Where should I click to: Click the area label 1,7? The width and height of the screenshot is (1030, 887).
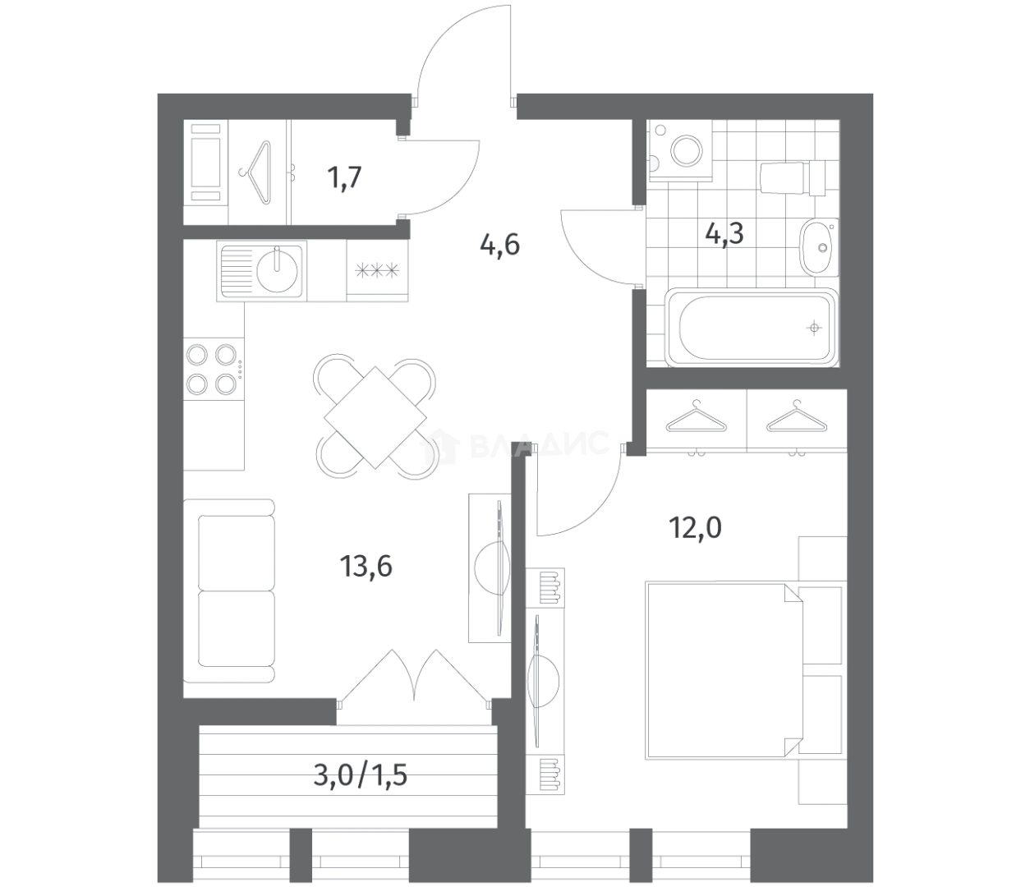tap(344, 178)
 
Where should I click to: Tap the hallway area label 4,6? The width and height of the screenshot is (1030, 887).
tap(499, 245)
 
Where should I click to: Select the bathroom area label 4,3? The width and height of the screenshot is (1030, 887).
tap(724, 233)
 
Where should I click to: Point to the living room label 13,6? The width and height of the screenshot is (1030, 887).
tap(366, 566)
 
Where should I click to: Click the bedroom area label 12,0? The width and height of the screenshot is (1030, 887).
tap(695, 528)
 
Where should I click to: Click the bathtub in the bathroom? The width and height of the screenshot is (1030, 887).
tap(752, 328)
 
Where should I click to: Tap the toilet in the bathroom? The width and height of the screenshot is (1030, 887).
tap(793, 178)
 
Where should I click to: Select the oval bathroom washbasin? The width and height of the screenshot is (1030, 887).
tap(819, 246)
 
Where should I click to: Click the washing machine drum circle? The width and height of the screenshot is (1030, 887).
tap(686, 151)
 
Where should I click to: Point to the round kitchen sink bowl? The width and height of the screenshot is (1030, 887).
tap(277, 271)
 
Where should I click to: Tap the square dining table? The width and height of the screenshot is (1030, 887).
tap(375, 417)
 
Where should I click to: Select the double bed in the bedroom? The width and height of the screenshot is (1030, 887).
tap(724, 670)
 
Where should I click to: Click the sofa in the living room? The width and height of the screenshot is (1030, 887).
tap(229, 591)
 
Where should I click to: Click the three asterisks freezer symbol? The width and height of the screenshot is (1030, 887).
tap(377, 271)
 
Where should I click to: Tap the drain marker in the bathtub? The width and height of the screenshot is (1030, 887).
tap(814, 328)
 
